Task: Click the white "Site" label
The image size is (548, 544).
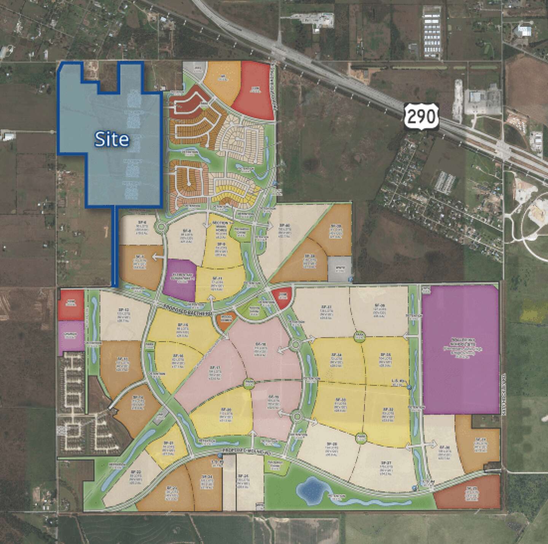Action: point(112,140)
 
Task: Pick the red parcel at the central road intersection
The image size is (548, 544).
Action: point(282,297)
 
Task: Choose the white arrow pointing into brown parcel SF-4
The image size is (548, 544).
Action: point(155,258)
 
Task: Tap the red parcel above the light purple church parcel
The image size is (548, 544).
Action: point(71,304)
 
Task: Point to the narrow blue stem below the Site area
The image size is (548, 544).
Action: point(114,247)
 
